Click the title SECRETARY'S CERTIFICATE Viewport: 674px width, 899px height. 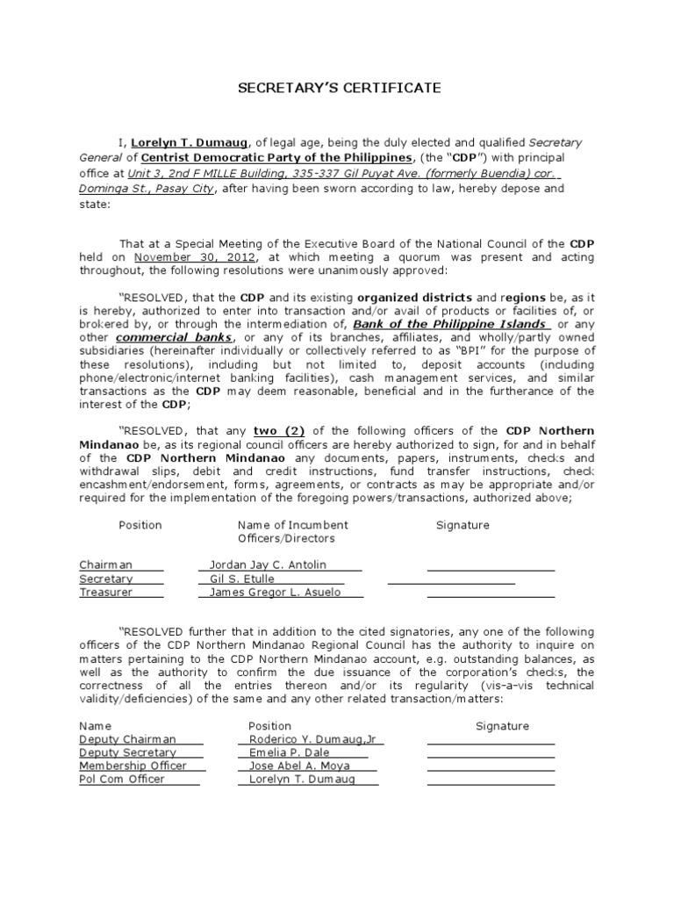click(x=336, y=89)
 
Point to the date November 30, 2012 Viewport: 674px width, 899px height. click(x=195, y=257)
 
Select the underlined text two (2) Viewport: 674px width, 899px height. click(x=277, y=431)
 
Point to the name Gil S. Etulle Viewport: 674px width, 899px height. click(x=242, y=579)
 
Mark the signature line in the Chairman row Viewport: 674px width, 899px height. click(x=491, y=570)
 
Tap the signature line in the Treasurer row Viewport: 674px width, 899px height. click(x=491, y=597)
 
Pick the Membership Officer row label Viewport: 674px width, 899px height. click(x=133, y=766)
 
